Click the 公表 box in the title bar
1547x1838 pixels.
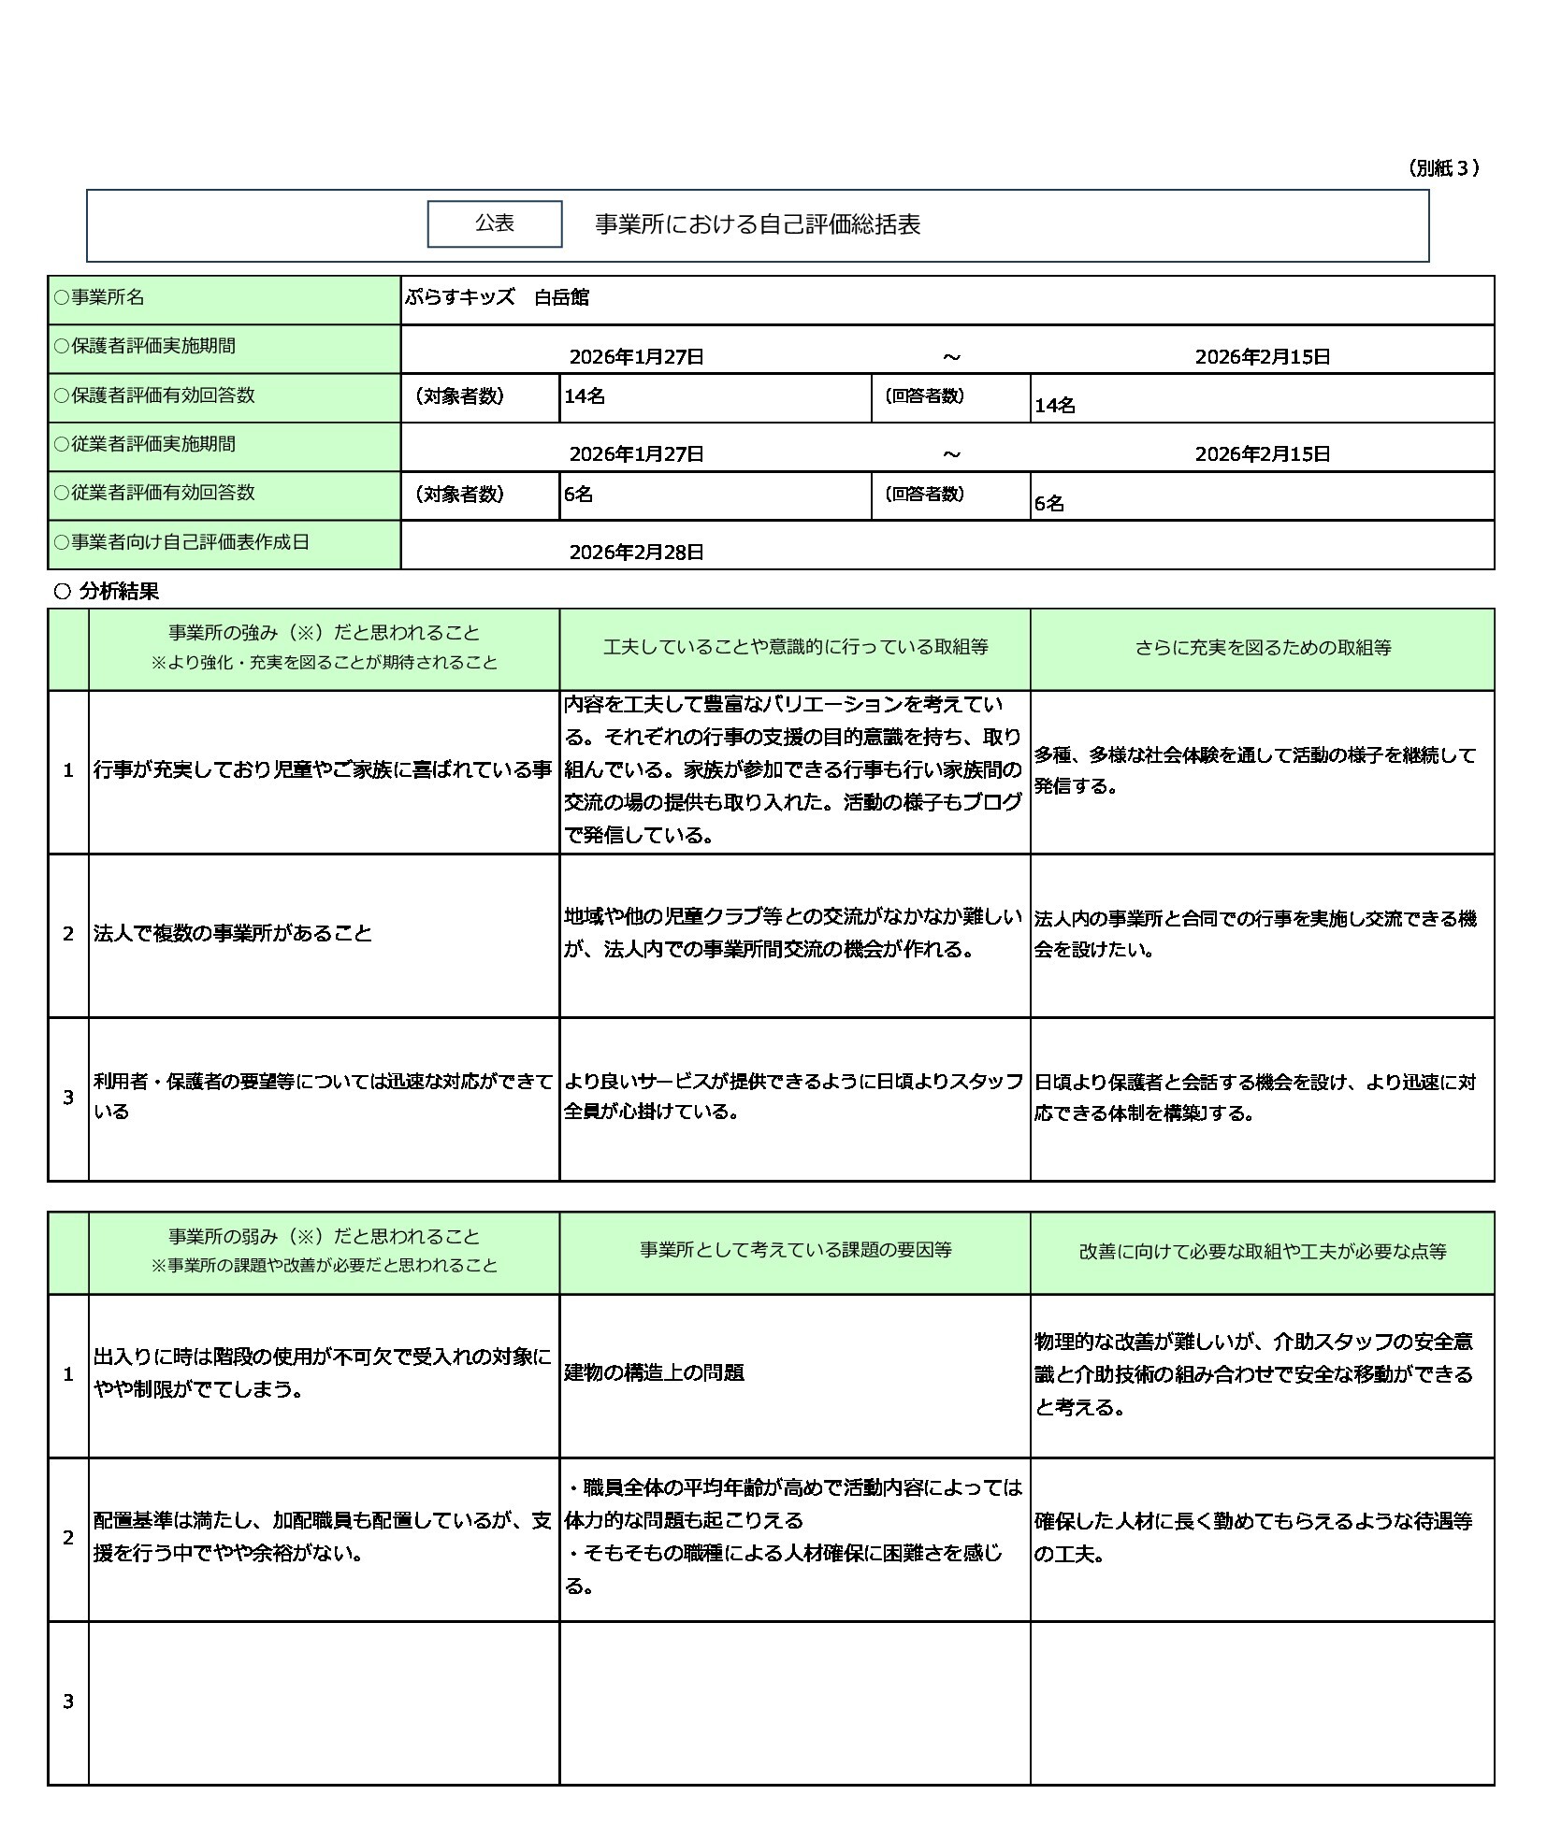click(x=494, y=223)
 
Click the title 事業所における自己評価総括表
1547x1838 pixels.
click(x=758, y=224)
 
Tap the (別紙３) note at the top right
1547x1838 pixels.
click(x=1443, y=168)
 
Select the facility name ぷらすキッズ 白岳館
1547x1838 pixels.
click(x=497, y=297)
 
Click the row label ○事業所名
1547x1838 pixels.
click(x=99, y=297)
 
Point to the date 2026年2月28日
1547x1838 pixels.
click(x=636, y=552)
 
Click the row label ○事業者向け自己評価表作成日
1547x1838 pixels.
click(x=181, y=542)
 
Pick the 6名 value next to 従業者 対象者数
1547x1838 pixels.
click(x=578, y=495)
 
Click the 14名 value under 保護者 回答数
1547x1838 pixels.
click(x=1054, y=406)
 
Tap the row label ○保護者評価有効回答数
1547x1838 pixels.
click(x=154, y=395)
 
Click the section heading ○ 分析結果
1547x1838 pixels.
click(x=108, y=591)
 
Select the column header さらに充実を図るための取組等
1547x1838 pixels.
click(x=1262, y=648)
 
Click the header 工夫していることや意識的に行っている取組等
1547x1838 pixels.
click(x=795, y=648)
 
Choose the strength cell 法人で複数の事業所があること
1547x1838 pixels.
click(x=233, y=933)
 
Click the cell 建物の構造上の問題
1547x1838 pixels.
click(x=654, y=1372)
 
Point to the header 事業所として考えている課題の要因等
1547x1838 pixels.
click(x=795, y=1250)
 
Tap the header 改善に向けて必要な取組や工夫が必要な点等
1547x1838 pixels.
click(x=1262, y=1251)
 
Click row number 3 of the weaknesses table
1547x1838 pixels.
click(x=68, y=1701)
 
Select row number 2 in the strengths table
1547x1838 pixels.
click(x=68, y=934)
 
